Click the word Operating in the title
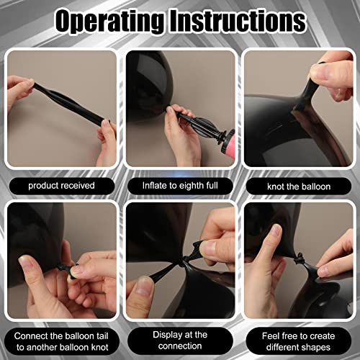(110, 21)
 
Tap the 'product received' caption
(61, 186)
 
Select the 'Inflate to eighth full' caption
(180, 186)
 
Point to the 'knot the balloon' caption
(299, 186)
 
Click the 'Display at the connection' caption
(180, 341)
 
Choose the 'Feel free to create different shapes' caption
(298, 341)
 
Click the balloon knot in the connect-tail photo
(63, 269)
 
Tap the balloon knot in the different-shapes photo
(298, 260)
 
